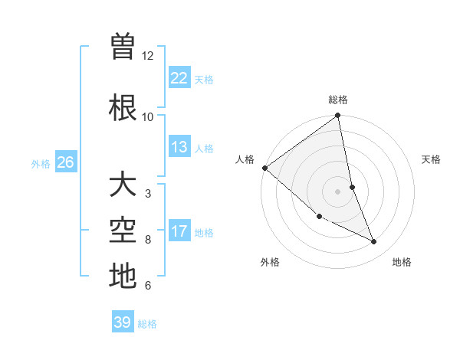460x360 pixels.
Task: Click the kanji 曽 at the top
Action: point(123,48)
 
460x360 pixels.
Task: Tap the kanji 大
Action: point(123,185)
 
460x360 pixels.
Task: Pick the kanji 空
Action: point(123,230)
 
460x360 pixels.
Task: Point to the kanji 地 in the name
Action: point(123,275)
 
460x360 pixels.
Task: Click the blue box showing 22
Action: point(179,78)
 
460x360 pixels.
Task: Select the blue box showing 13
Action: point(179,147)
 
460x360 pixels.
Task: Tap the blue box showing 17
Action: point(179,231)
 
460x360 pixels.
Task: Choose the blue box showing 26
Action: point(65,162)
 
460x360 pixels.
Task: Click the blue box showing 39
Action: point(123,322)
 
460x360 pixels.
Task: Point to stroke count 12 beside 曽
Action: point(148,56)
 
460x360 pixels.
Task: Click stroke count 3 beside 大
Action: point(147,193)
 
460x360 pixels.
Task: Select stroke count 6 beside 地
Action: point(147,286)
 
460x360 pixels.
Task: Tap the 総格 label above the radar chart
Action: point(338,100)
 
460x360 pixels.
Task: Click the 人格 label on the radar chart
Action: point(245,159)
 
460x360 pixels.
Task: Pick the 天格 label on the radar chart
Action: point(432,159)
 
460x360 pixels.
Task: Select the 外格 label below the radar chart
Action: point(270,263)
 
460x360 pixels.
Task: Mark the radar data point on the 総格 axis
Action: point(338,116)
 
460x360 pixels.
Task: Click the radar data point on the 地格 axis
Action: point(374,242)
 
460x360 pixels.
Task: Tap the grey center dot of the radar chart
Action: point(338,191)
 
